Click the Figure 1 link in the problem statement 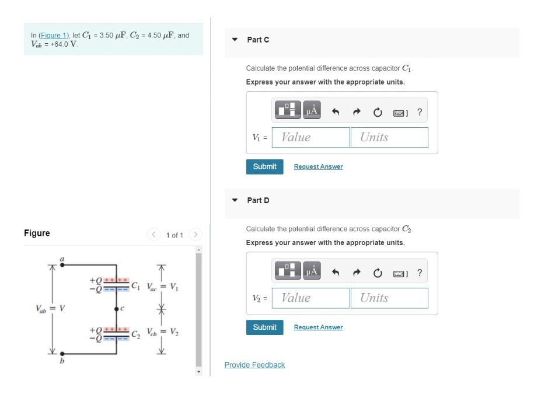click(x=54, y=35)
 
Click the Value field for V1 click(x=310, y=137)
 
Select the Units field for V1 click(x=389, y=137)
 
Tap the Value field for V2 click(x=310, y=298)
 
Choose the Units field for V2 click(x=389, y=298)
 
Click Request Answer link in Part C click(x=319, y=167)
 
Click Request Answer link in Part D click(x=319, y=327)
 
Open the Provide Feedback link click(x=254, y=365)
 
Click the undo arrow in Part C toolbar click(x=336, y=112)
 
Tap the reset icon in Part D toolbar click(x=378, y=273)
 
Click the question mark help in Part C click(x=420, y=112)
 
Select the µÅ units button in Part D click(x=312, y=271)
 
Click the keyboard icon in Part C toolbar click(x=400, y=113)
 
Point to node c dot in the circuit click(x=116, y=309)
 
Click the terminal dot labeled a click(x=62, y=265)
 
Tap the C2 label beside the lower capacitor click(x=135, y=334)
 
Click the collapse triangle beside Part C click(x=235, y=40)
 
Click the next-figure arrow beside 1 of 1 click(x=196, y=234)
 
